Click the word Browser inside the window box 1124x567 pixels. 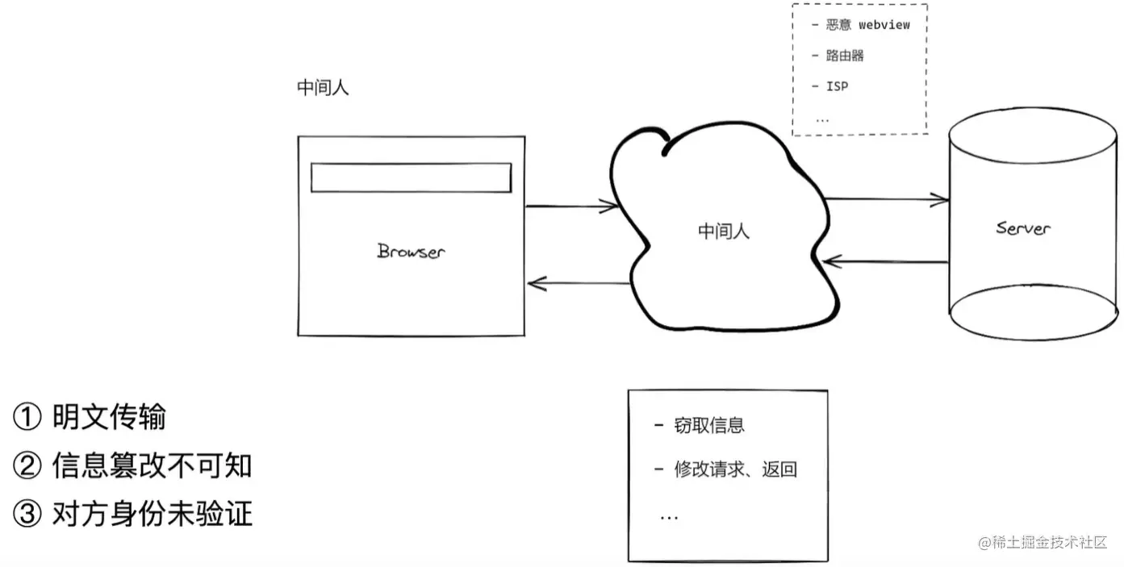[x=411, y=251]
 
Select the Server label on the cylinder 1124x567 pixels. [x=1023, y=228]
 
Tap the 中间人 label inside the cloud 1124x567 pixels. [x=723, y=231]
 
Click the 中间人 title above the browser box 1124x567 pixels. [x=323, y=88]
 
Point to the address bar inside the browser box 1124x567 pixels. [x=411, y=178]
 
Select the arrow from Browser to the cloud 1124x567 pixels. [x=572, y=206]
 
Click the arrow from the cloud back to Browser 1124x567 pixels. [x=577, y=283]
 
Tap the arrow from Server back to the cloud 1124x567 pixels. [x=884, y=261]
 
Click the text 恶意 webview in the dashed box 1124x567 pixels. [x=867, y=25]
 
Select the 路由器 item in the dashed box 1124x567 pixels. [x=845, y=56]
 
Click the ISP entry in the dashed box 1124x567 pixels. [x=837, y=86]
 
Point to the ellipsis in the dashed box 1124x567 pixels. [x=822, y=118]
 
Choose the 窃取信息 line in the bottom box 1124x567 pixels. [x=708, y=426]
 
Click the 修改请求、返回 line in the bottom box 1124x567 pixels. [x=735, y=469]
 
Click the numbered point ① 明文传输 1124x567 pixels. [x=90, y=418]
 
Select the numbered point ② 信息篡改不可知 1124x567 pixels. [x=133, y=465]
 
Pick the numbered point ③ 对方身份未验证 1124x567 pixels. [x=133, y=514]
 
